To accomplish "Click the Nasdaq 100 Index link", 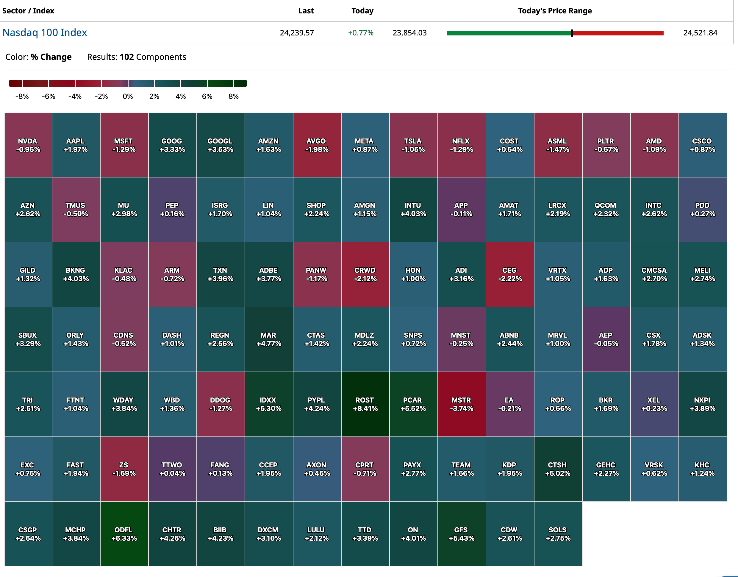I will (45, 32).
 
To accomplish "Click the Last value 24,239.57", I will (297, 33).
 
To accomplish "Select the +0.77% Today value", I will (361, 33).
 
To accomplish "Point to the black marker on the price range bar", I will (572, 33).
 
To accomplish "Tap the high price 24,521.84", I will (700, 33).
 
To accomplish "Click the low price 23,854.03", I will (409, 33).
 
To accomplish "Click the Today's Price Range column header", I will (555, 11).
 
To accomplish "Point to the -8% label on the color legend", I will (22, 96).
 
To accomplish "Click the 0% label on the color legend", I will (128, 96).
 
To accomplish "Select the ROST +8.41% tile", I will (365, 404).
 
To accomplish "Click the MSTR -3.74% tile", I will (461, 404).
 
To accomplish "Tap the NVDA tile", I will (28, 145).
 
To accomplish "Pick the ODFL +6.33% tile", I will (124, 534).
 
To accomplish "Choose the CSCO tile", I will (702, 145).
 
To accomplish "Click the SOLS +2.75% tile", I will (558, 534).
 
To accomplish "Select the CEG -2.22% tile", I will (509, 275).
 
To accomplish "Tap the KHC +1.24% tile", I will (702, 469).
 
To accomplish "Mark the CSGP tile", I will (28, 534).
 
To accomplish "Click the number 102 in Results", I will (127, 57).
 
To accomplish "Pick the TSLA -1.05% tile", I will (413, 145).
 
